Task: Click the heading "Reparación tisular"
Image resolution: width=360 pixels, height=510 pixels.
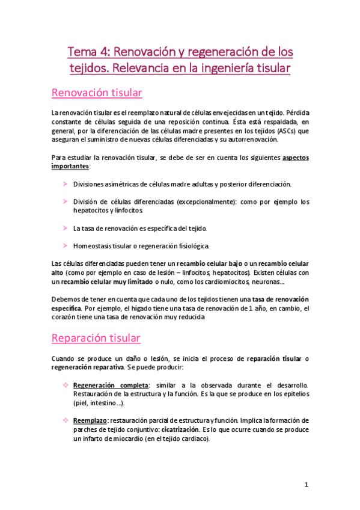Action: pos(96,338)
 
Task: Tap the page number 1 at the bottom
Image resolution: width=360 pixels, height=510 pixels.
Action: pos(306,484)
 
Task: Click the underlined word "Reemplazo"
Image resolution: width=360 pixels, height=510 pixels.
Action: pos(91,419)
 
